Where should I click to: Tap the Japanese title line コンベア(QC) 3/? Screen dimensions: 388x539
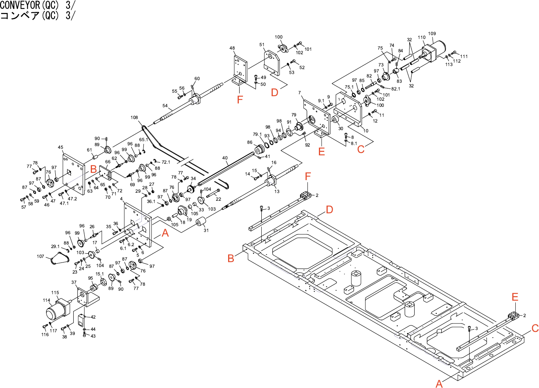click(37, 15)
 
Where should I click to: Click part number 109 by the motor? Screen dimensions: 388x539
click(432, 34)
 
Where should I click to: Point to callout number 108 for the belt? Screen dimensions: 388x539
click(134, 118)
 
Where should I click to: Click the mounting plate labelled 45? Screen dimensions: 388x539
click(73, 174)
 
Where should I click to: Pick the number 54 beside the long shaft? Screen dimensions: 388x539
click(165, 106)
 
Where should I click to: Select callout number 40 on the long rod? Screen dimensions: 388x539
click(225, 158)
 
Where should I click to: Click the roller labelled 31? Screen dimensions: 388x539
click(201, 222)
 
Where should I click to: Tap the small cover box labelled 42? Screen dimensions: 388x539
click(81, 320)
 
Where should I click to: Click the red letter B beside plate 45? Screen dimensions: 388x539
click(93, 169)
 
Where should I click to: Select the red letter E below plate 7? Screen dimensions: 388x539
click(322, 151)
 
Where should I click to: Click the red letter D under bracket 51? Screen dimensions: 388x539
click(275, 92)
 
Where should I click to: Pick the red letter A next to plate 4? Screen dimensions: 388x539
click(165, 233)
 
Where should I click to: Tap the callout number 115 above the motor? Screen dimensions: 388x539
click(55, 293)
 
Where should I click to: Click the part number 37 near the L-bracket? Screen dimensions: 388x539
click(74, 283)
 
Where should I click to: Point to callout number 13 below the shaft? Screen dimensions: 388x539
click(277, 192)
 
